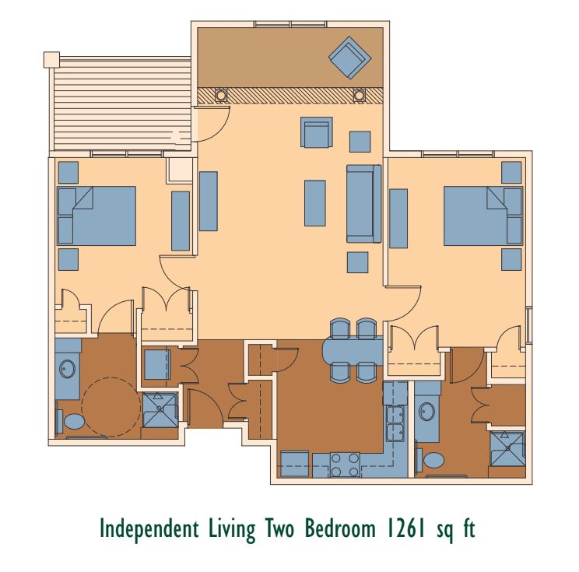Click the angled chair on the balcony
350,58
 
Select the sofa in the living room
363,204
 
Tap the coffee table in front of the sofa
315,202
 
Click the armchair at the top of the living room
317,132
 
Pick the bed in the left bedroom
96,216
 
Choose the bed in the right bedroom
482,216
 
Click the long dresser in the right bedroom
398,219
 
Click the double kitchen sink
395,424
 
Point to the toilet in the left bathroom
73,422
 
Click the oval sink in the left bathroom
68,368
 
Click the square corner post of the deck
51,59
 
